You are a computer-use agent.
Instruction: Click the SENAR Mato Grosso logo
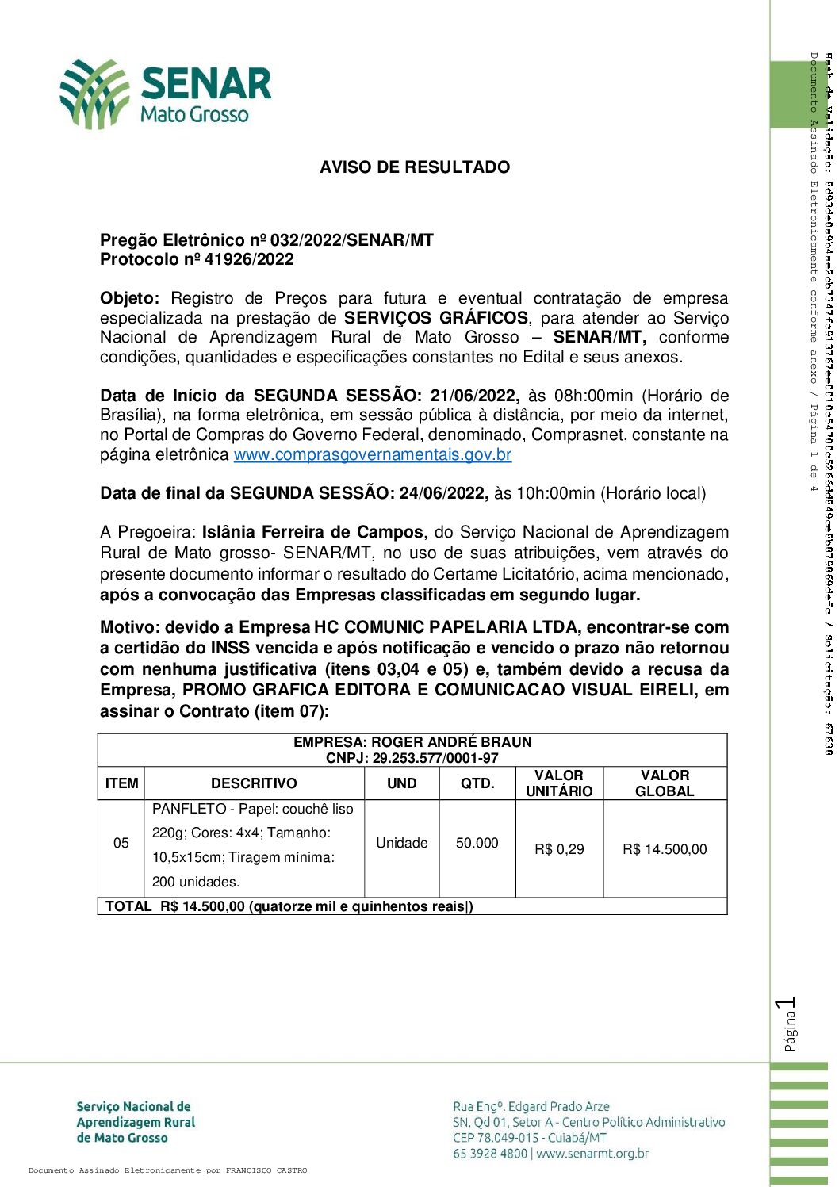(166, 94)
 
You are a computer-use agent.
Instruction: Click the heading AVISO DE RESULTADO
(415, 167)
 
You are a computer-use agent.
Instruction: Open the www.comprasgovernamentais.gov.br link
(373, 455)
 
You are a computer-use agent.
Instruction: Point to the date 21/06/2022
(474, 396)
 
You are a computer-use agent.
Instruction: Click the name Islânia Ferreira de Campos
(312, 532)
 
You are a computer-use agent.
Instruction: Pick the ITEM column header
(121, 783)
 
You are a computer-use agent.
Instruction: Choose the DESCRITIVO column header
(254, 783)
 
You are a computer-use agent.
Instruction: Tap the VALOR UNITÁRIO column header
(559, 783)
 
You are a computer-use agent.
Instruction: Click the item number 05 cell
(121, 843)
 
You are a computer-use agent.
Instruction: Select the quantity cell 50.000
(477, 843)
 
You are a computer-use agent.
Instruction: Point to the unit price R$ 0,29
(559, 849)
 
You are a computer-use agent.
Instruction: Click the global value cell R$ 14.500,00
(665, 849)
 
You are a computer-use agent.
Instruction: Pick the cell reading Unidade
(402, 843)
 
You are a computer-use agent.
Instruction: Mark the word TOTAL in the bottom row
(128, 906)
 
